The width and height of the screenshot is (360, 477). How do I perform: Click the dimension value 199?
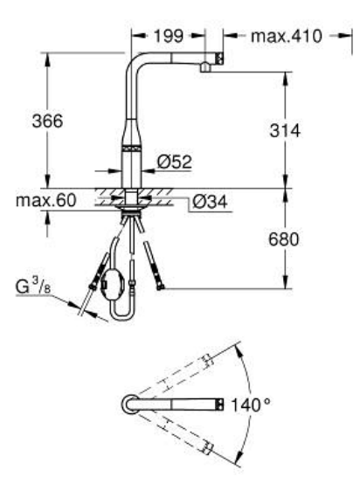point(168,38)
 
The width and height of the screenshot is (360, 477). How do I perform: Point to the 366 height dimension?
point(43,122)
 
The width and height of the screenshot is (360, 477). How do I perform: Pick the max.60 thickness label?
point(43,201)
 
